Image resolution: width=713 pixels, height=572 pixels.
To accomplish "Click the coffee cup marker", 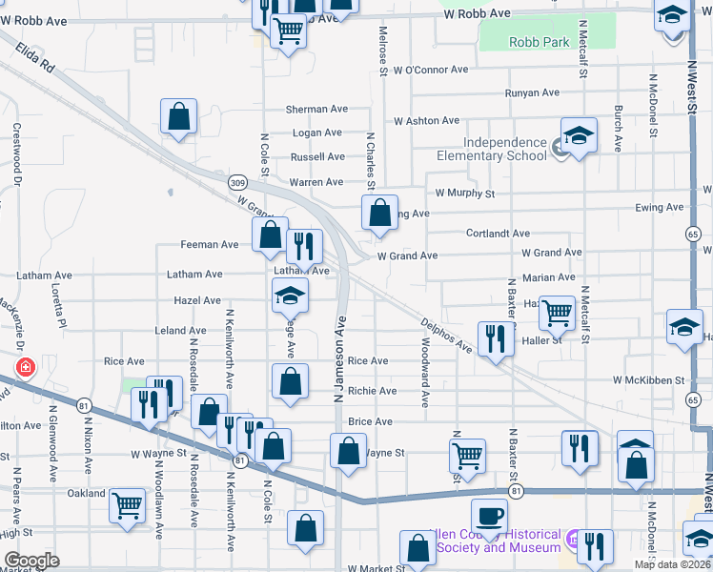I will (x=490, y=516).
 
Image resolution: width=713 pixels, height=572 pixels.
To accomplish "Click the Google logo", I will (x=31, y=561).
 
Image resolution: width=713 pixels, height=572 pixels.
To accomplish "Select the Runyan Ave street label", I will (x=532, y=92).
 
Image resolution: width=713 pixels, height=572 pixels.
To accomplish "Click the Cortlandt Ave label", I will (x=498, y=233).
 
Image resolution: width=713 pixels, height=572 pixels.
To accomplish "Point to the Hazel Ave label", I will (x=197, y=300).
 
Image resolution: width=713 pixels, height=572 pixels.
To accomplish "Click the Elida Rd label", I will (x=36, y=62).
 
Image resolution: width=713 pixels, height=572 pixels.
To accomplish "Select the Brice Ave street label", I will (x=371, y=421).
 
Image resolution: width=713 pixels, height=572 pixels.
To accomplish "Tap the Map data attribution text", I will (x=672, y=563).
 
